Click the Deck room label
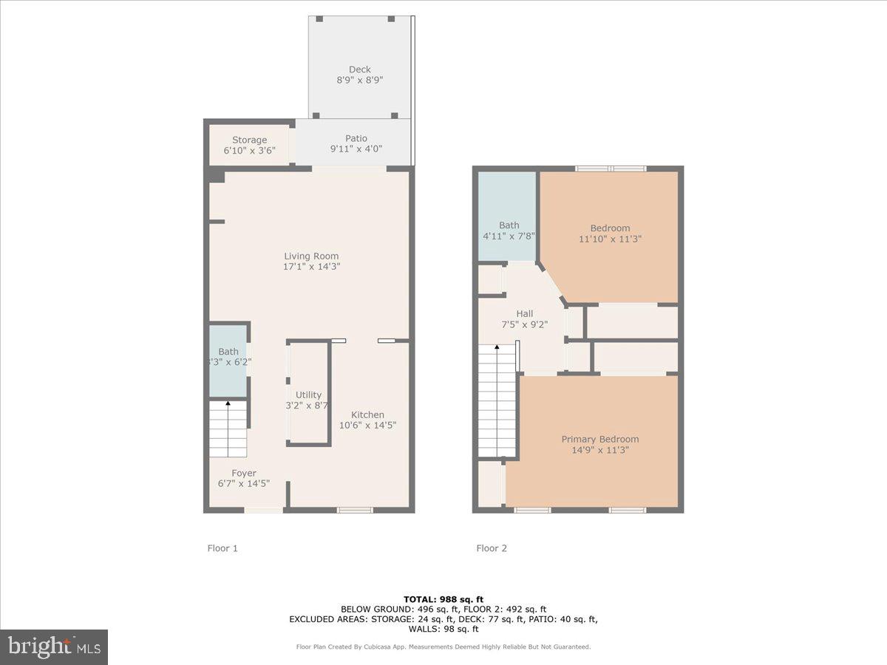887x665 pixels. (x=360, y=69)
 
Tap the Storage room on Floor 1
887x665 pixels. (x=249, y=145)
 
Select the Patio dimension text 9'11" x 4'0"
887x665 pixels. (x=356, y=149)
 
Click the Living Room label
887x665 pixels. (x=311, y=256)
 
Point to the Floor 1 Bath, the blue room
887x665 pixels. (x=228, y=360)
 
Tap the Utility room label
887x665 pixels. (x=308, y=395)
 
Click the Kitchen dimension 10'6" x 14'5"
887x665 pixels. (x=367, y=425)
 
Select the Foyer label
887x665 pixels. (x=244, y=473)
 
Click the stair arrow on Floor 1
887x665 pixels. (x=228, y=404)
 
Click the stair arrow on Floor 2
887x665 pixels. (x=497, y=347)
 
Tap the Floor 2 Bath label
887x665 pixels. (x=509, y=225)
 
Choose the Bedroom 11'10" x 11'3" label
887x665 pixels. (x=610, y=228)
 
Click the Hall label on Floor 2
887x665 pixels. (x=525, y=313)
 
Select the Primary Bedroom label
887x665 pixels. (x=599, y=439)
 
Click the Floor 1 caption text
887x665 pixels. (x=222, y=548)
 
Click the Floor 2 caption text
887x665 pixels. (x=492, y=548)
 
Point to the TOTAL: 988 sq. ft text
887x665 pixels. (x=443, y=598)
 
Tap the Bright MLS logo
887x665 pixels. (x=54, y=647)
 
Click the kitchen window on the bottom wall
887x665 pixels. (x=355, y=509)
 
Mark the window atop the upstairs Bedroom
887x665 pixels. (x=611, y=168)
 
